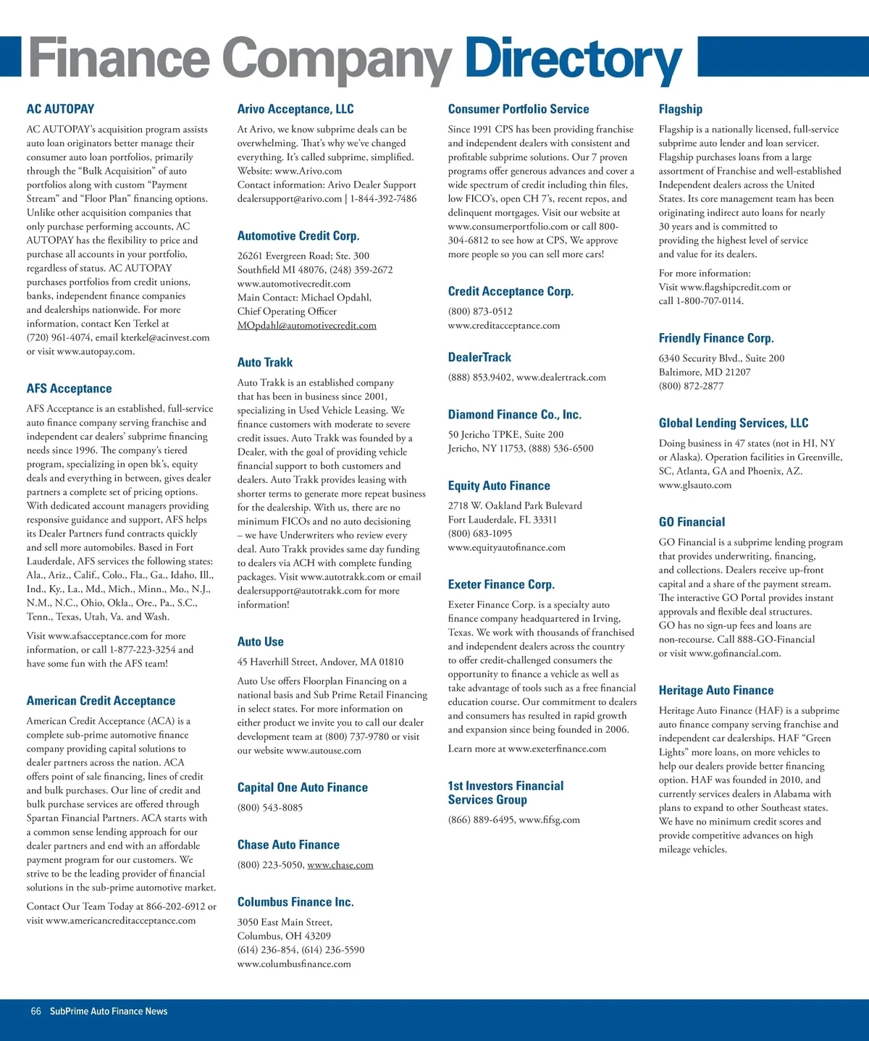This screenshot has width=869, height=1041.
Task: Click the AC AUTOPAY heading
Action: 60,109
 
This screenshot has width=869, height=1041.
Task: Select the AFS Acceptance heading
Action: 69,389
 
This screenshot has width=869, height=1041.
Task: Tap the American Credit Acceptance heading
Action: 101,701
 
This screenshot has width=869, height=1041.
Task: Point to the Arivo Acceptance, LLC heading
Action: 295,109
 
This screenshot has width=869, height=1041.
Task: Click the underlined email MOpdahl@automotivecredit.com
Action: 306,326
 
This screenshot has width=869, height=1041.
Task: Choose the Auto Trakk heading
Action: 265,363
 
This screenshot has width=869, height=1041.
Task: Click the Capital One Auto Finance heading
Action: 302,788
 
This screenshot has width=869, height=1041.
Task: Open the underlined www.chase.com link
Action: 340,865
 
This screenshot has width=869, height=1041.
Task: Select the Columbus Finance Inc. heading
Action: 295,902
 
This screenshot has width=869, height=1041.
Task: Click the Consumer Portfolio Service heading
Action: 519,109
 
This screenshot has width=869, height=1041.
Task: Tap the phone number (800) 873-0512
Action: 480,312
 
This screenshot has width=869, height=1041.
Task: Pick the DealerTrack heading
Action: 479,358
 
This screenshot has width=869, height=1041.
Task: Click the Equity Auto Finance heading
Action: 499,486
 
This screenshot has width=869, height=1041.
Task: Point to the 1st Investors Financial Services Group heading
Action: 505,793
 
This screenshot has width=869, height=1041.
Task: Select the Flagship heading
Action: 680,109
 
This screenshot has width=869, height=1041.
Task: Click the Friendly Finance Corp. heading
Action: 716,338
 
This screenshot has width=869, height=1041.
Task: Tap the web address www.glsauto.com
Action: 694,485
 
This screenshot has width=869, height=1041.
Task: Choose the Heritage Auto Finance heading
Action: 715,691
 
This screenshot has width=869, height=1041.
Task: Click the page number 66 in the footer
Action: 35,1011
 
